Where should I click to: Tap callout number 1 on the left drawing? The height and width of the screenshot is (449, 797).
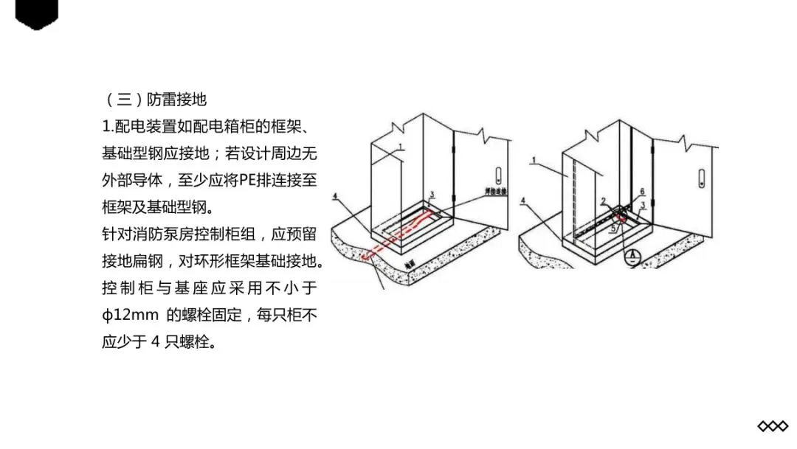click(398, 146)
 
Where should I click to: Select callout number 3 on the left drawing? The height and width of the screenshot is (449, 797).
click(432, 194)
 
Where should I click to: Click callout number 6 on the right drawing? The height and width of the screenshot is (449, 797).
click(642, 191)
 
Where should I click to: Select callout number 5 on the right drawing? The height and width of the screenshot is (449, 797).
click(612, 228)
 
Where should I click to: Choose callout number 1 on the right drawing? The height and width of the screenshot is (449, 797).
click(534, 159)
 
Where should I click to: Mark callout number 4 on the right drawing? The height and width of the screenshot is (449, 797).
click(522, 200)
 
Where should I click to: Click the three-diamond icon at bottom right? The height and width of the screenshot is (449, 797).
click(772, 426)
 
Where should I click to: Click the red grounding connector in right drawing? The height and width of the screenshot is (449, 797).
click(622, 217)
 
